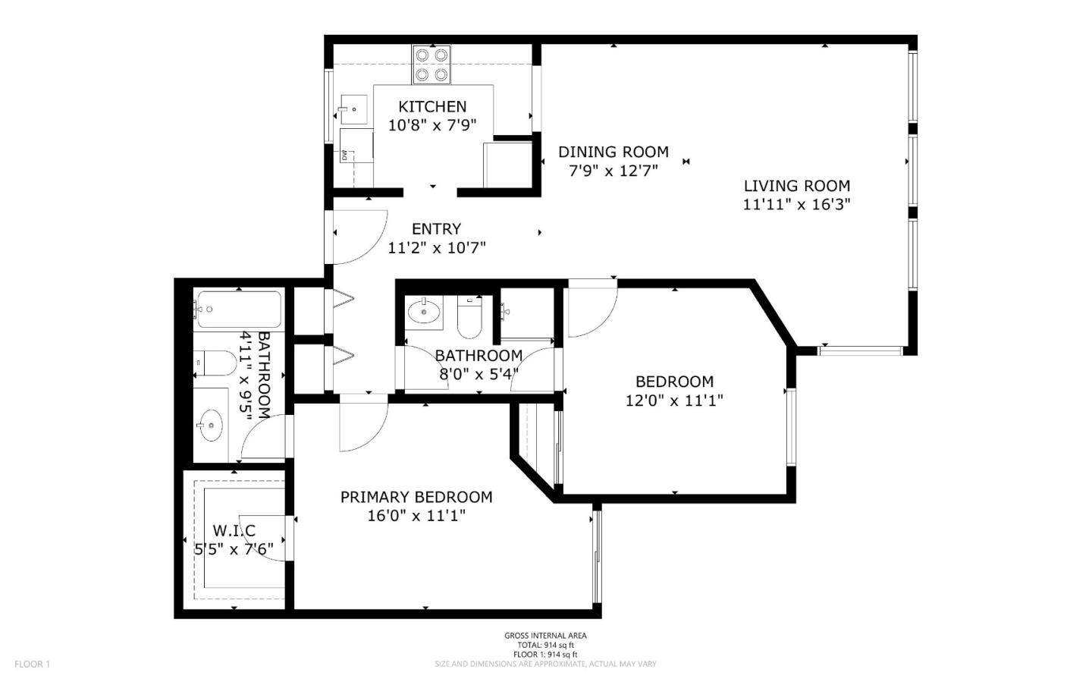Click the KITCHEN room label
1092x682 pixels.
coord(432,106)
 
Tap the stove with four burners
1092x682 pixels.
coord(431,64)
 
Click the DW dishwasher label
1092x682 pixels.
coord(344,156)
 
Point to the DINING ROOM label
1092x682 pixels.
coord(613,152)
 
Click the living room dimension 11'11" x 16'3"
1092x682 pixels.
coord(796,204)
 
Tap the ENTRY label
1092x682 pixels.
coord(436,229)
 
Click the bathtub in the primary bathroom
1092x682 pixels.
coord(238,310)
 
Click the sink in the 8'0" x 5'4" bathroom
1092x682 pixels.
coord(424,312)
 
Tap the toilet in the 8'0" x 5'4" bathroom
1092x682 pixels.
coord(469,317)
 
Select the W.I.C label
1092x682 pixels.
coord(234,530)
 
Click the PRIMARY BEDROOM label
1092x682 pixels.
coord(416,497)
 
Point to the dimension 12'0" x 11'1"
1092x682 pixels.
coord(674,401)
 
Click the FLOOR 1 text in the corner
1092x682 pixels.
coord(32,664)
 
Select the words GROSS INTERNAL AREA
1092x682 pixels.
coord(545,636)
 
